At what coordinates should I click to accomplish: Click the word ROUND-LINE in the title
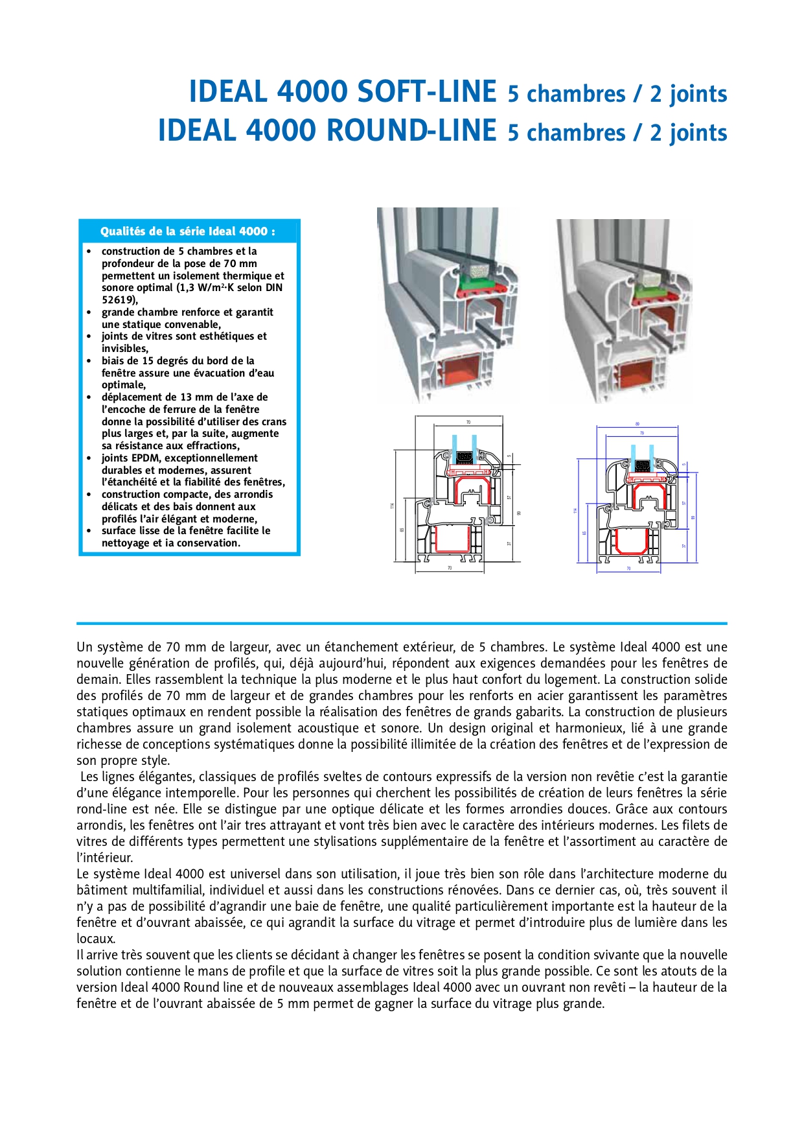pos(411,130)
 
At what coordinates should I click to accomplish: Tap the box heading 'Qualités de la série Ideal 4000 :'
pos(188,231)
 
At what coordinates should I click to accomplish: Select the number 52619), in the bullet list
pos(120,300)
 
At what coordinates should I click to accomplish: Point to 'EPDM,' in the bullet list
pos(146,458)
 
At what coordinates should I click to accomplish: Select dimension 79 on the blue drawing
pos(641,433)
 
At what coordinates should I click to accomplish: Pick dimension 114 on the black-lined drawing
pos(392,505)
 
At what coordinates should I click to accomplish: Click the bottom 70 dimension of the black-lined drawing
pos(450,568)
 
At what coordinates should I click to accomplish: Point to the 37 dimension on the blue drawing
pos(683,546)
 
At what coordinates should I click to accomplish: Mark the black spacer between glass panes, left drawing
pos(464,457)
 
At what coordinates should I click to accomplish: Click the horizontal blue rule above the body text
pos(402,624)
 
